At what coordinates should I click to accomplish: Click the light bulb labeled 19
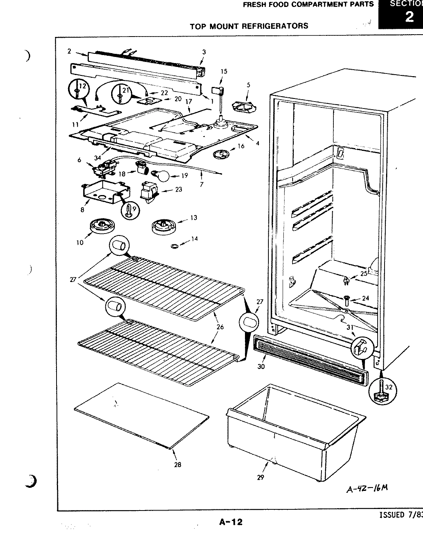point(162,176)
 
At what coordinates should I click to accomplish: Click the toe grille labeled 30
point(310,359)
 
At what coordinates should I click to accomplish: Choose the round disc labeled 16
point(220,155)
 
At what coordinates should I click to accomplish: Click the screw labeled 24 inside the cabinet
point(346,299)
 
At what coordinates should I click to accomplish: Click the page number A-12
point(231,522)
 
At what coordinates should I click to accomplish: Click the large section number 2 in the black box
point(409,17)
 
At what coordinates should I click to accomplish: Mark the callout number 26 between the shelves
point(220,327)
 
